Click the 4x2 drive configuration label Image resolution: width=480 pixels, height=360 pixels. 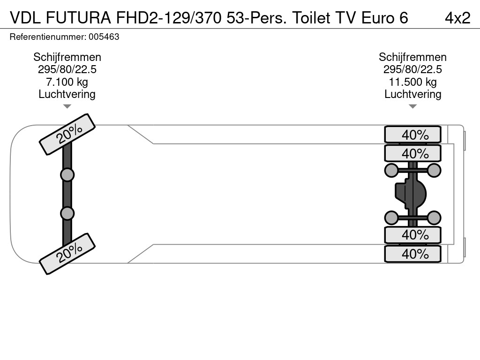coord(457,18)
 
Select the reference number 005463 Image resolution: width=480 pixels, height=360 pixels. coord(104,37)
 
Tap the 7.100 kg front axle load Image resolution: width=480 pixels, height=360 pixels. coord(67,82)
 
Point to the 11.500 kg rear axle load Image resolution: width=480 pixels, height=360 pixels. coord(412,82)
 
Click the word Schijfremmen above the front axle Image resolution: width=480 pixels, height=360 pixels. coord(67,57)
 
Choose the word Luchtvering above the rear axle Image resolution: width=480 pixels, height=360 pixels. coord(412,94)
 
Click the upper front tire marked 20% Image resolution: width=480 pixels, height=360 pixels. coord(67,135)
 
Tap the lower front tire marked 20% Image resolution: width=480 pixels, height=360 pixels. coord(67,254)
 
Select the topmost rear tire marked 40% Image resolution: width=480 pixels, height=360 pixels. coord(412,135)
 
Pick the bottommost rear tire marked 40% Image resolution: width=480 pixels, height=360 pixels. coord(412,254)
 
